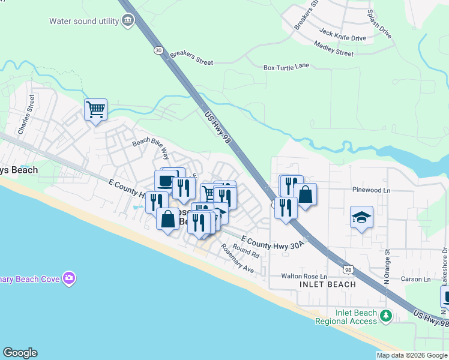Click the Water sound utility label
(83, 21)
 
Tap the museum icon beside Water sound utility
(127, 21)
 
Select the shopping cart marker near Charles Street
(95, 110)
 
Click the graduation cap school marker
(362, 218)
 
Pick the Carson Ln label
(416, 279)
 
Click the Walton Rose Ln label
(304, 276)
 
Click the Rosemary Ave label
(237, 259)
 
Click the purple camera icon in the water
(70, 278)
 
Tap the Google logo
(20, 353)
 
